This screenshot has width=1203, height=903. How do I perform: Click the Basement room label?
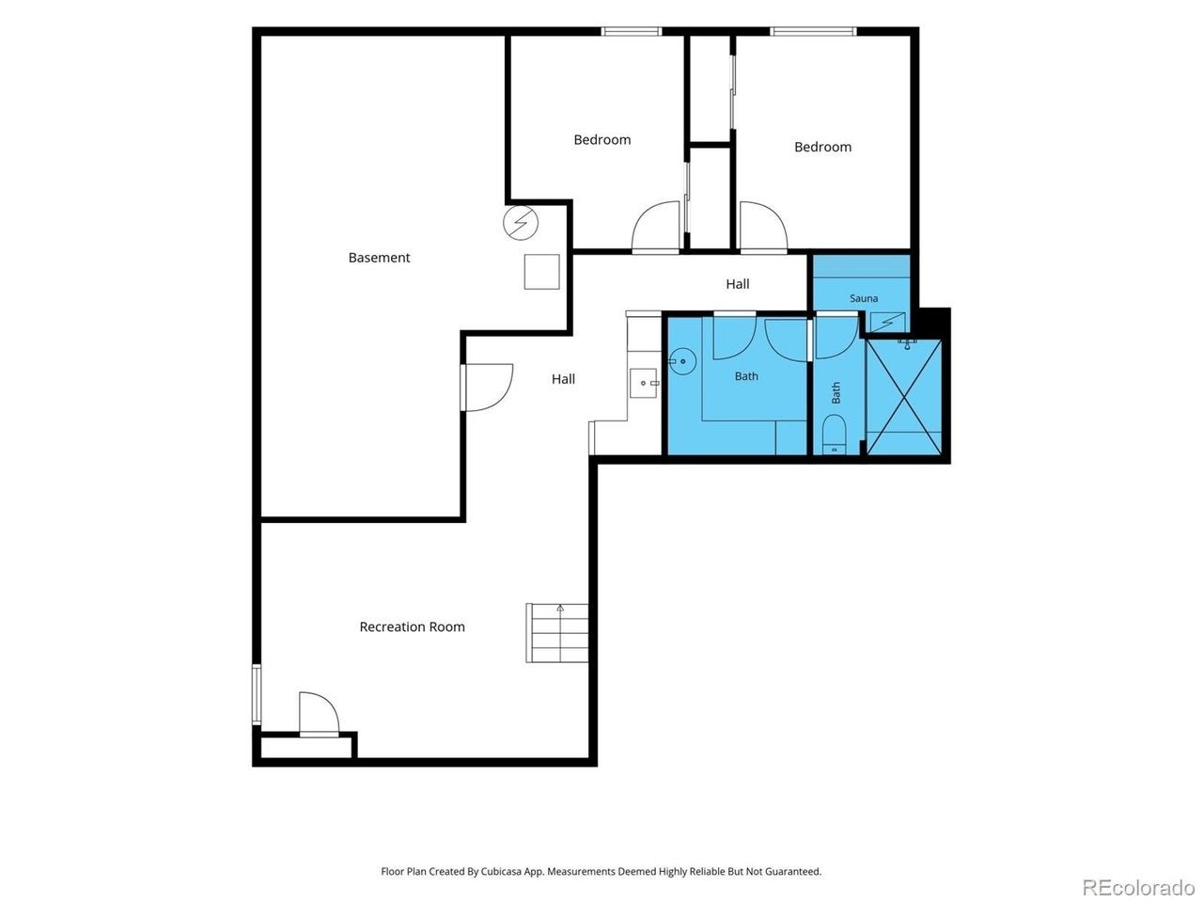click(x=379, y=257)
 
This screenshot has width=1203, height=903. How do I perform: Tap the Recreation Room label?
click(x=412, y=626)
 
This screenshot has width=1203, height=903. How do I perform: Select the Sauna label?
click(x=863, y=298)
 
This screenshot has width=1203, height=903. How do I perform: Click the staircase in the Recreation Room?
click(x=556, y=633)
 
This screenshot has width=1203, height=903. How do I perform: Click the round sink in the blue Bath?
click(x=681, y=362)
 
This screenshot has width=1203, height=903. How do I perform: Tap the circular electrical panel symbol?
click(x=520, y=223)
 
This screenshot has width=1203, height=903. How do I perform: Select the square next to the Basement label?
click(x=541, y=272)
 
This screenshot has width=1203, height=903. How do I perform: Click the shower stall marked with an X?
click(x=903, y=397)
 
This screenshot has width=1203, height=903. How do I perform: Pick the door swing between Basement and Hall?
click(x=487, y=388)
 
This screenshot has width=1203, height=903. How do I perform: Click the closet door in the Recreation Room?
click(x=319, y=714)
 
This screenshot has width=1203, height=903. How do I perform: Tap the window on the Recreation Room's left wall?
click(x=256, y=695)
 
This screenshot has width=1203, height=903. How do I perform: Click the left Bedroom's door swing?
click(x=656, y=227)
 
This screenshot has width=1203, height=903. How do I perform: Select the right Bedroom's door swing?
click(x=763, y=227)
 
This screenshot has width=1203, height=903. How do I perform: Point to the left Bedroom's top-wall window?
click(x=631, y=31)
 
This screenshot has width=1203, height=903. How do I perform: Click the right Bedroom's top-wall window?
click(x=813, y=31)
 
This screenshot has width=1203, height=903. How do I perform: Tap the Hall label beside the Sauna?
click(x=737, y=284)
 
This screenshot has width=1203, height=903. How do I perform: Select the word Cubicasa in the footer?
click(x=503, y=871)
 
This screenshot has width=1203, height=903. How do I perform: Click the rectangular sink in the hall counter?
click(x=643, y=383)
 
